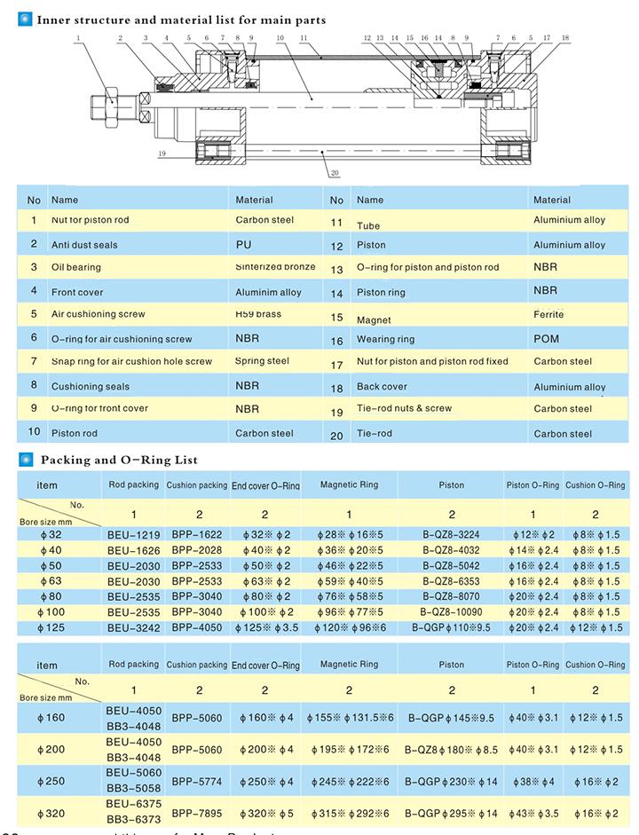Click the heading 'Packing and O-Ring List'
pos(119,460)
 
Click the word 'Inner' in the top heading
pos(54,20)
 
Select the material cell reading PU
pos(244,244)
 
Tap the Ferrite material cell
pos(548,315)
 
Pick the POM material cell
pos(547,339)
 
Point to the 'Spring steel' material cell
pos(262,361)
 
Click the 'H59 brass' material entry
pos(258,313)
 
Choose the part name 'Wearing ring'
pos(385,340)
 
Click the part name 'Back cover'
pos(382,387)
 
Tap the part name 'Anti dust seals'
pos(84,245)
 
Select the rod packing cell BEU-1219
pos(133,535)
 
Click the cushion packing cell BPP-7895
pos(196,813)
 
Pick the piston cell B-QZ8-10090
pos(451,612)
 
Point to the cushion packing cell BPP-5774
pos(196,782)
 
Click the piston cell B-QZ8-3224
pos(451,535)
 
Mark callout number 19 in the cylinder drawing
pos(162,154)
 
